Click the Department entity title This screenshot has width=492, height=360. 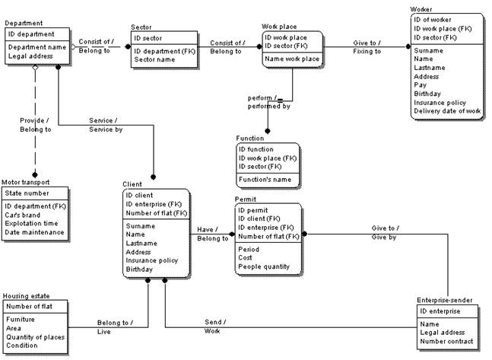tap(24, 23)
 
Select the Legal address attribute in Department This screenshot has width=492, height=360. tap(30, 56)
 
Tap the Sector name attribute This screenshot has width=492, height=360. tap(154, 59)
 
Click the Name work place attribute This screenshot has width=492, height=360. tap(292, 59)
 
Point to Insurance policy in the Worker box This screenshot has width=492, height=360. tap(440, 103)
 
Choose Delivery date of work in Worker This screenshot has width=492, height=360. tap(447, 111)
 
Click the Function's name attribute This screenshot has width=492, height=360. tap(265, 180)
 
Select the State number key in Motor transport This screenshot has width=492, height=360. tap(27, 193)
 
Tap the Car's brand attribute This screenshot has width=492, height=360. tap(23, 215)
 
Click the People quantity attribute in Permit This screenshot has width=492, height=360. tap(264, 266)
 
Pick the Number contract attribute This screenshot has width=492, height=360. tap(446, 341)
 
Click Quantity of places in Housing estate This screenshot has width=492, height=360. tap(35, 337)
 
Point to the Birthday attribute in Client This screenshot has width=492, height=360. tap(139, 269)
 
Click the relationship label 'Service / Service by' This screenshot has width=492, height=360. tap(106, 125)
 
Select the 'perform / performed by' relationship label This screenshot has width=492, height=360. tap(269, 102)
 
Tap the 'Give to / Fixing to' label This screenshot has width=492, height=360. tap(367, 47)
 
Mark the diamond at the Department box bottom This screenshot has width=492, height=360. tap(35, 68)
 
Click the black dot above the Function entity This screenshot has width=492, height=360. tap(268, 131)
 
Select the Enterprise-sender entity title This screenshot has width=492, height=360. tap(444, 301)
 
